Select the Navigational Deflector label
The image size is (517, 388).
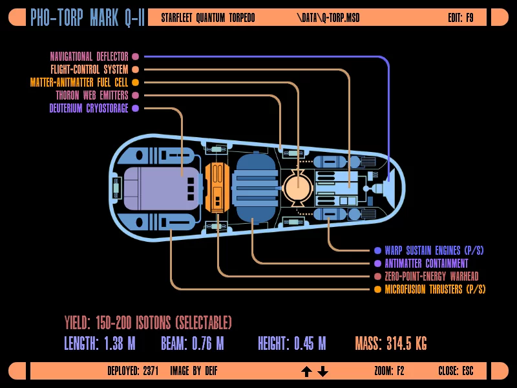click(89, 57)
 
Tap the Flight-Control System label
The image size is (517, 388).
click(89, 70)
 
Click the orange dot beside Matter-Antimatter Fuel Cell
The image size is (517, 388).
click(135, 83)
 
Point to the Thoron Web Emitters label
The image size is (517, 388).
click(92, 96)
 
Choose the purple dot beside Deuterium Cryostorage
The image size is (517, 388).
click(135, 109)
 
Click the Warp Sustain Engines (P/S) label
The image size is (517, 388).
click(434, 251)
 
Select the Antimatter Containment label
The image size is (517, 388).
click(426, 264)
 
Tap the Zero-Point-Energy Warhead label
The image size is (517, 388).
click(431, 277)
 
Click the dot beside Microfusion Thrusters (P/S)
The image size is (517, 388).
click(377, 290)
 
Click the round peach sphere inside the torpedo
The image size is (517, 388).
click(297, 186)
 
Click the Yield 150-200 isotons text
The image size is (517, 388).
click(147, 323)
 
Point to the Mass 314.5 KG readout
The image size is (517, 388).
click(390, 343)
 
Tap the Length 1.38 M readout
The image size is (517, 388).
click(100, 343)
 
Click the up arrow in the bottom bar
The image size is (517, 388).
click(307, 371)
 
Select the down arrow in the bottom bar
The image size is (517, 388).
click(323, 371)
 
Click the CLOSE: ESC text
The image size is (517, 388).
click(456, 371)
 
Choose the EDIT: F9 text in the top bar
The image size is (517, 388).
click(460, 17)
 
